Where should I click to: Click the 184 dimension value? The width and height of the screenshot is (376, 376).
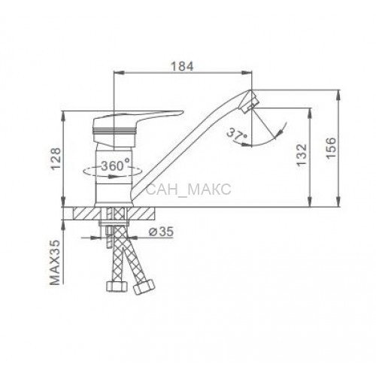pyautogui.click(x=182, y=66)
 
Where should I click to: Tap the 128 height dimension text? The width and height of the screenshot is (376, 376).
pyautogui.click(x=56, y=159)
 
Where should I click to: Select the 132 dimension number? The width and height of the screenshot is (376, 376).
pyautogui.click(x=301, y=154)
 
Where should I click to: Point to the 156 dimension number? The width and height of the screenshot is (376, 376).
pyautogui.click(x=331, y=148)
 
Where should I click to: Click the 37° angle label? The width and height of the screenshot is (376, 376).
pyautogui.click(x=237, y=135)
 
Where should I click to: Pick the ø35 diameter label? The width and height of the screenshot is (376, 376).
pyautogui.click(x=162, y=232)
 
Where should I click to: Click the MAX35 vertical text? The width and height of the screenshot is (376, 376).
pyautogui.click(x=56, y=262)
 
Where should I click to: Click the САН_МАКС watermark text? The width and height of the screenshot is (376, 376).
pyautogui.click(x=189, y=190)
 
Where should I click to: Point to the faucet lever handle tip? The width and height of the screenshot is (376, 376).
pyautogui.click(x=183, y=112)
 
